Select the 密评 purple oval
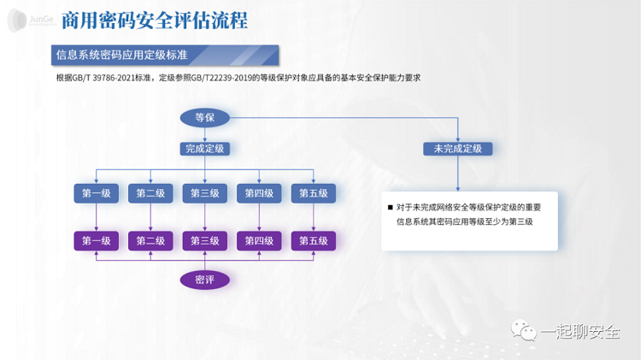pyautogui.click(x=204, y=280)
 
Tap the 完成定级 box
pyautogui.click(x=204, y=148)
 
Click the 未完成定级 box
pyautogui.click(x=457, y=148)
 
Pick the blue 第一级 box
pyautogui.click(x=97, y=193)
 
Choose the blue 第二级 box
pyautogui.click(x=150, y=193)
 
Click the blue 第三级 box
pyautogui.click(x=205, y=193)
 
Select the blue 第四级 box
pyautogui.click(x=259, y=193)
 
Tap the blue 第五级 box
pyautogui.click(x=313, y=193)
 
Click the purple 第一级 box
pyautogui.click(x=97, y=240)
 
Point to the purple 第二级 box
pyautogui.click(x=150, y=240)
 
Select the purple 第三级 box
pyautogui.click(x=205, y=240)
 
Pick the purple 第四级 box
pyautogui.click(x=259, y=240)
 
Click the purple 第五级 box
pyautogui.click(x=313, y=240)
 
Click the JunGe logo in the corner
pyautogui.click(x=26, y=20)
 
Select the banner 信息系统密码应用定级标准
pyautogui.click(x=121, y=56)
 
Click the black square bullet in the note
pyautogui.click(x=391, y=208)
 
